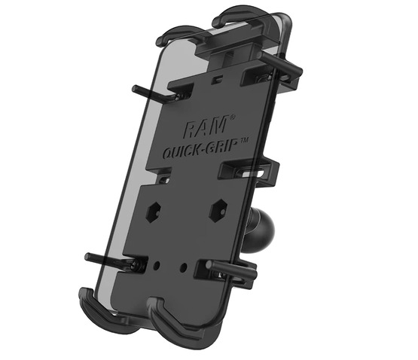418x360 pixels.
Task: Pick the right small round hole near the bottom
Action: tap(183, 266)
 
